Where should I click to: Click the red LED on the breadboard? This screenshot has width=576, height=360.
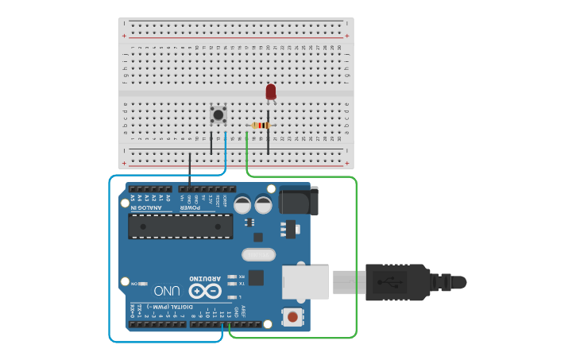[x=271, y=92]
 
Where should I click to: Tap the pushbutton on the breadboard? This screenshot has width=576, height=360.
[x=218, y=114]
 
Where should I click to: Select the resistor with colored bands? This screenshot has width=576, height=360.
[x=260, y=126]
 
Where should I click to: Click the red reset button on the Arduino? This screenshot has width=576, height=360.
[x=293, y=317]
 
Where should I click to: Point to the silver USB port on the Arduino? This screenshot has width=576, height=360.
[x=305, y=282]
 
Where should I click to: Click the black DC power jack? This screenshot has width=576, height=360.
[x=299, y=199]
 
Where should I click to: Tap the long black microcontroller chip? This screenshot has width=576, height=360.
[x=181, y=226]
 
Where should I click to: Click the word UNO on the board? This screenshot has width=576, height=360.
[x=167, y=291]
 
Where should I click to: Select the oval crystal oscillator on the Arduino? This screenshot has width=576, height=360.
[x=257, y=255]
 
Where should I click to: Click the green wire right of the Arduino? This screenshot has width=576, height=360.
[x=356, y=262]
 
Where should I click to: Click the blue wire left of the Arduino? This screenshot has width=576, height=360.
[x=109, y=262]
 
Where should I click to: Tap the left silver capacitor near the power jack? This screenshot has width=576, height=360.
[x=243, y=205]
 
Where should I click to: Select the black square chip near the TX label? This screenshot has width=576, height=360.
[x=256, y=277]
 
